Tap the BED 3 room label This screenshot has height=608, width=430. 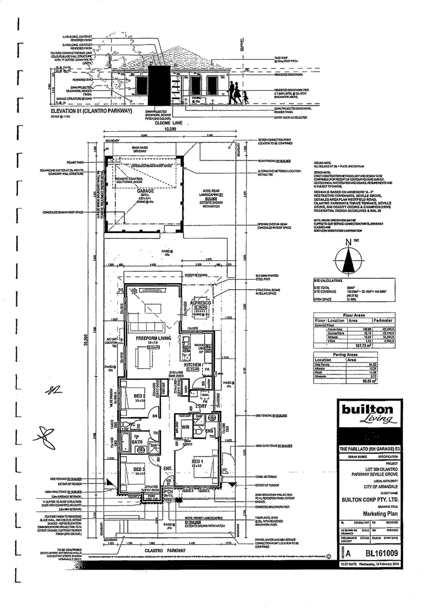tap(140, 469)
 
